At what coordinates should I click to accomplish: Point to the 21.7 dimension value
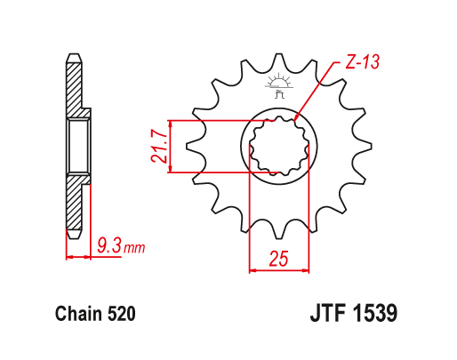click(158, 146)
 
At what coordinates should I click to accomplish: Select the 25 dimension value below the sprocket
click(277, 259)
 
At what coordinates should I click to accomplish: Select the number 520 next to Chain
click(120, 315)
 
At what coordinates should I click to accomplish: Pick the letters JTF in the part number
click(330, 315)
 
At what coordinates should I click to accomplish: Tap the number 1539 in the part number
click(373, 315)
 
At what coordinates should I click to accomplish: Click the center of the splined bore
click(278, 146)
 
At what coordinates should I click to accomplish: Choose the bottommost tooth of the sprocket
click(277, 233)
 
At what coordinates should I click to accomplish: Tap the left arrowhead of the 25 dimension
click(252, 268)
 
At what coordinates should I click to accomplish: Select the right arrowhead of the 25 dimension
click(304, 268)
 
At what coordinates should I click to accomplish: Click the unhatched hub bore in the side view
click(77, 146)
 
